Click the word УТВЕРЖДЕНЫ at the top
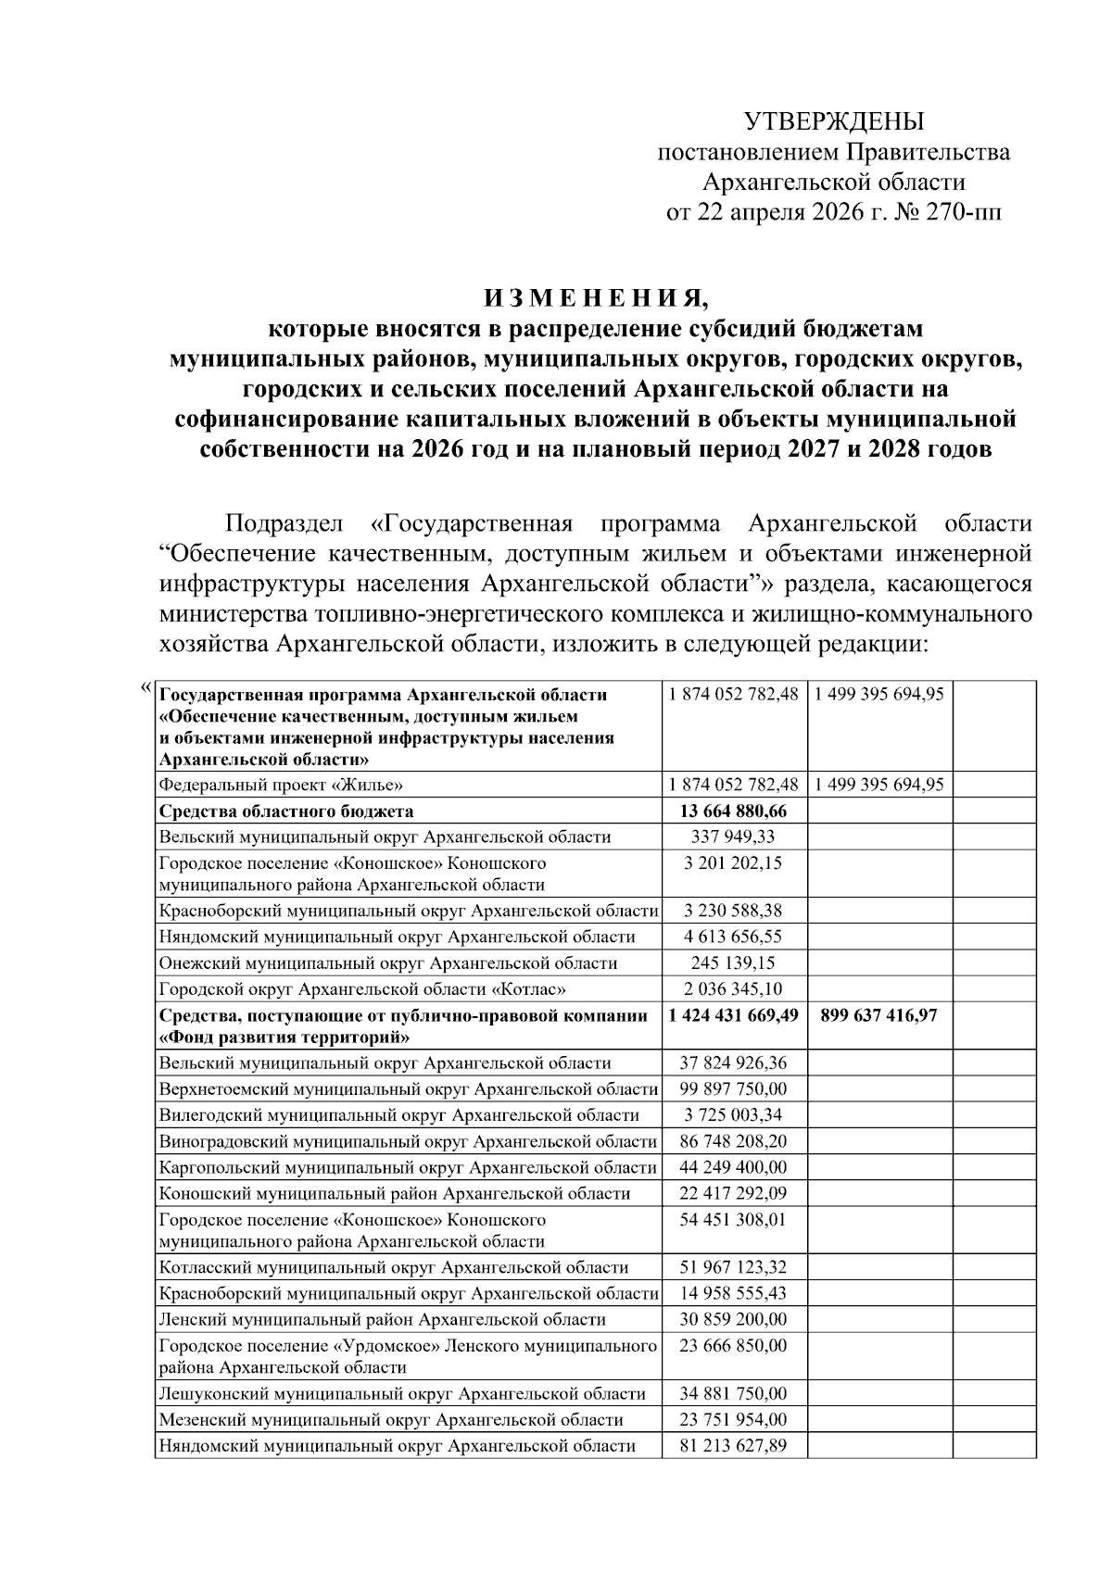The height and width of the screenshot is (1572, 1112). click(834, 121)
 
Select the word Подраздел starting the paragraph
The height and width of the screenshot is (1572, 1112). click(284, 523)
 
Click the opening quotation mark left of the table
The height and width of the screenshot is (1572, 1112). click(145, 687)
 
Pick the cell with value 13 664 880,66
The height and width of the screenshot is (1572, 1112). click(732, 811)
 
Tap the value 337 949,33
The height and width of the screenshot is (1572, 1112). click(732, 837)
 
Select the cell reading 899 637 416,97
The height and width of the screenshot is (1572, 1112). click(878, 1016)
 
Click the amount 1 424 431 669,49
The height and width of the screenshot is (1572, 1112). click(732, 1016)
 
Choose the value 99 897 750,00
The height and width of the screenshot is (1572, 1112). click(732, 1089)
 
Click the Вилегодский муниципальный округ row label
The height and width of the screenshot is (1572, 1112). click(398, 1115)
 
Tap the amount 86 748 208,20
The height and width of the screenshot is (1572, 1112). click(732, 1141)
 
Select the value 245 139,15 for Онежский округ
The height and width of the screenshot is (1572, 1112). click(732, 963)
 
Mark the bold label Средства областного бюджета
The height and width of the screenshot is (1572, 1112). click(285, 811)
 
